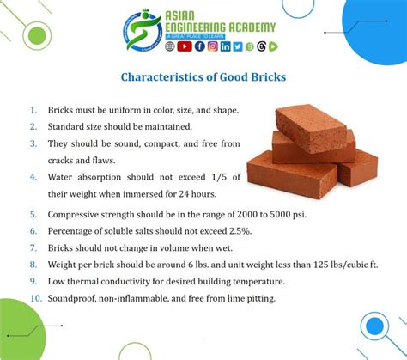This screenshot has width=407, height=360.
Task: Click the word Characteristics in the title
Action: (x=163, y=76)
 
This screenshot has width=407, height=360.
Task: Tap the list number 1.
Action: (x=34, y=111)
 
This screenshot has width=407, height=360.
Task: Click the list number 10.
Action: (x=36, y=298)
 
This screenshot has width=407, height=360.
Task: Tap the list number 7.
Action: (x=34, y=247)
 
